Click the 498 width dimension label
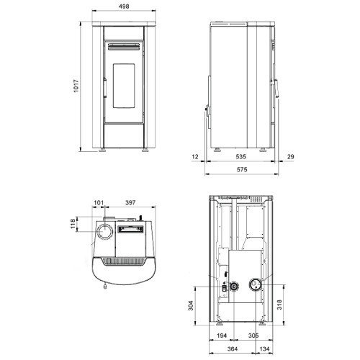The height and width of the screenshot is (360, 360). [124, 6]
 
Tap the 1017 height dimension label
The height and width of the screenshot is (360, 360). [76, 86]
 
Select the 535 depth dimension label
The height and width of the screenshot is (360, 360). [240, 157]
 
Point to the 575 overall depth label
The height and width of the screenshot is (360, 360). [242, 170]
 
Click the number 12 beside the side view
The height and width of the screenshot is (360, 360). [195, 157]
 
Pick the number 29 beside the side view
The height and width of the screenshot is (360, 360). [290, 157]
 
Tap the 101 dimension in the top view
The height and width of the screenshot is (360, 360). [99, 203]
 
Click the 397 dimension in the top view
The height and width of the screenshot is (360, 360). [130, 203]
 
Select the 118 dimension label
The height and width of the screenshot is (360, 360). [73, 224]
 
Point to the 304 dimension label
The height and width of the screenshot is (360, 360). [191, 305]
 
